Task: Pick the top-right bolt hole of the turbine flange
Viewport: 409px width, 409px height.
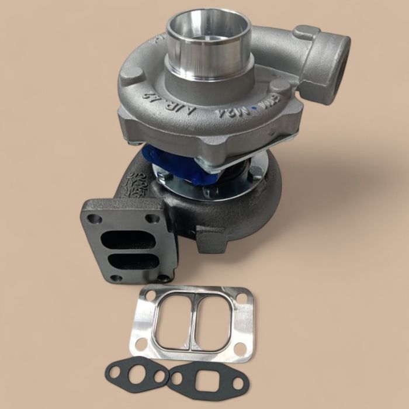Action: [x=154, y=219]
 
